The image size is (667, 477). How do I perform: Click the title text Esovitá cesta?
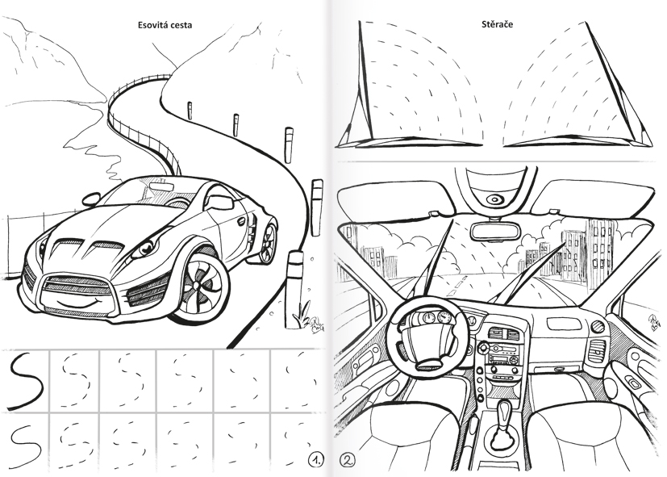pos(165,25)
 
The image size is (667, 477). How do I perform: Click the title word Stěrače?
pos(498,24)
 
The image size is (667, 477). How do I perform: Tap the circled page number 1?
pos(316,459)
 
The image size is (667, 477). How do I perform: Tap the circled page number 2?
pos(348,459)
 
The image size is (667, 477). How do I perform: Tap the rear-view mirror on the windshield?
pos(492,230)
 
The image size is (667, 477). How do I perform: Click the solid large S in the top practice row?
pos(26,379)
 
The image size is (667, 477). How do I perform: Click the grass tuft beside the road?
pos(303,312)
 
